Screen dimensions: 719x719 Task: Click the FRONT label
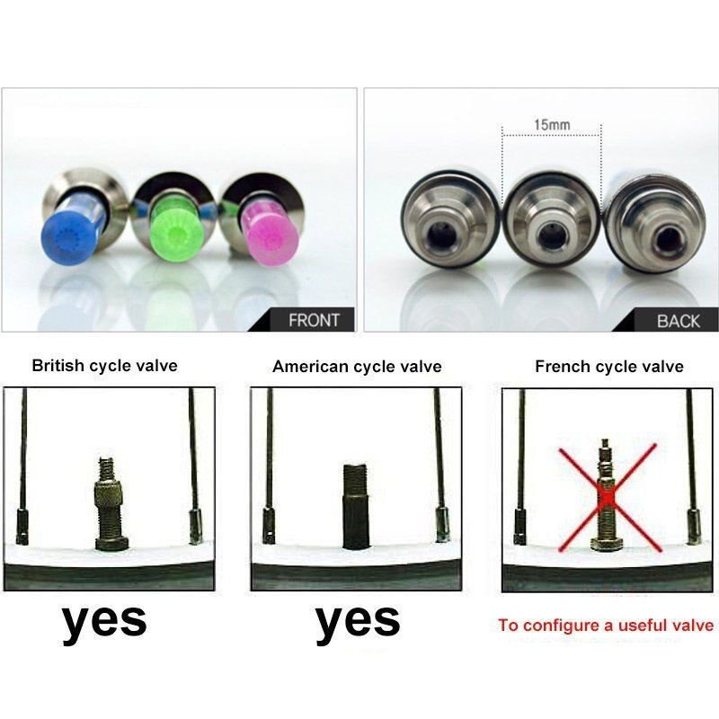click(x=314, y=320)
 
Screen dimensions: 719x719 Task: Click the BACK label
click(x=678, y=320)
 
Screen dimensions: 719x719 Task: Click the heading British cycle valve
click(x=104, y=366)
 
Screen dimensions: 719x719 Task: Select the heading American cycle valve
click(x=357, y=367)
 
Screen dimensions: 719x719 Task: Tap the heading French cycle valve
click(x=608, y=367)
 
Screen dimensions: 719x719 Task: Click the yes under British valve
click(x=105, y=619)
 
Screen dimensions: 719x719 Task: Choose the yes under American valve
click(x=358, y=619)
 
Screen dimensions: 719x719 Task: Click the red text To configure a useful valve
click(x=606, y=626)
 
